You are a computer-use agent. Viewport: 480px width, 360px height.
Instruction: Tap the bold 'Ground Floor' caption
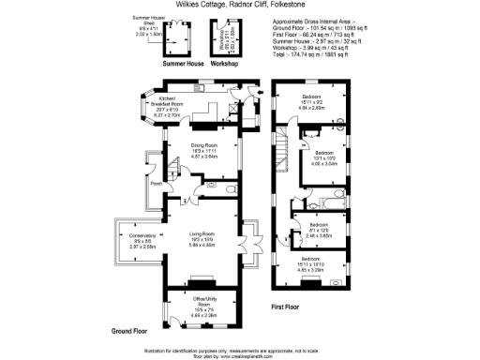(132, 332)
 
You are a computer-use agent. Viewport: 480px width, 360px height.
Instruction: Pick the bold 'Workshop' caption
(224, 65)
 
